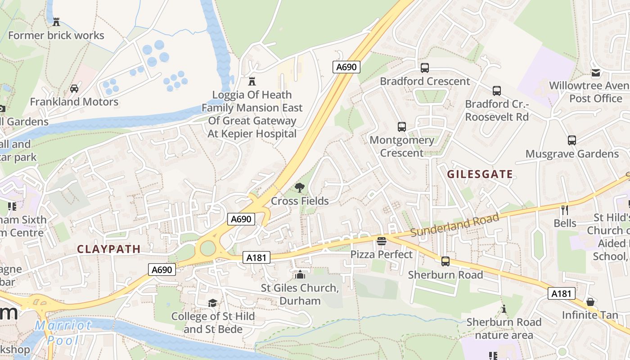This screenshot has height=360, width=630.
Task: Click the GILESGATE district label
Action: [x=480, y=175]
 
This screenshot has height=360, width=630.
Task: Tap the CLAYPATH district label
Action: [x=109, y=249]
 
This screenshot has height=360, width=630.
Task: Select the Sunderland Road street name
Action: [x=455, y=225]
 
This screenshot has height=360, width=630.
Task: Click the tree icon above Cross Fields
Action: [x=299, y=188]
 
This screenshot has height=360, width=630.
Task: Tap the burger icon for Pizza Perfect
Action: [x=382, y=241]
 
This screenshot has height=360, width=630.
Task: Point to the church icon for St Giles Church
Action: [x=300, y=274]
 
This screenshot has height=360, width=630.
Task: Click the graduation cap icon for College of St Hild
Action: [x=212, y=303]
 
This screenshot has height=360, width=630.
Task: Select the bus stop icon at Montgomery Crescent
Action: [x=402, y=127]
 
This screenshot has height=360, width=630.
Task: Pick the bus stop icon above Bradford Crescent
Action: [x=424, y=68]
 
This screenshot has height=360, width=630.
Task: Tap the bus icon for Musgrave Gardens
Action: [x=571, y=140]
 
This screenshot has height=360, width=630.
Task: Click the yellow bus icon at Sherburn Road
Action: [x=445, y=261]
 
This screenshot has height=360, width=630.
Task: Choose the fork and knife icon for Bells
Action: [x=565, y=210]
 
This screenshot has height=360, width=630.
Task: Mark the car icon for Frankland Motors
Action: [x=74, y=89]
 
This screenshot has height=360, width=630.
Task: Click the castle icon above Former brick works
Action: [x=56, y=22]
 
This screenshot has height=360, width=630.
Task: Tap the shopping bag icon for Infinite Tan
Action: [x=590, y=301]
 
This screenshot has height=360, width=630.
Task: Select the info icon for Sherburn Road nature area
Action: [x=504, y=309]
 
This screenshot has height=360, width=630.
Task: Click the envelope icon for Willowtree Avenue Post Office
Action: [x=596, y=73]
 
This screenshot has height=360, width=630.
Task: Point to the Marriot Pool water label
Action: [x=63, y=332]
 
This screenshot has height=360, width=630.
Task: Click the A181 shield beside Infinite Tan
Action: [x=562, y=294]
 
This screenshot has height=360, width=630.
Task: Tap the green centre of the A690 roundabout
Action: [x=207, y=248]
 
